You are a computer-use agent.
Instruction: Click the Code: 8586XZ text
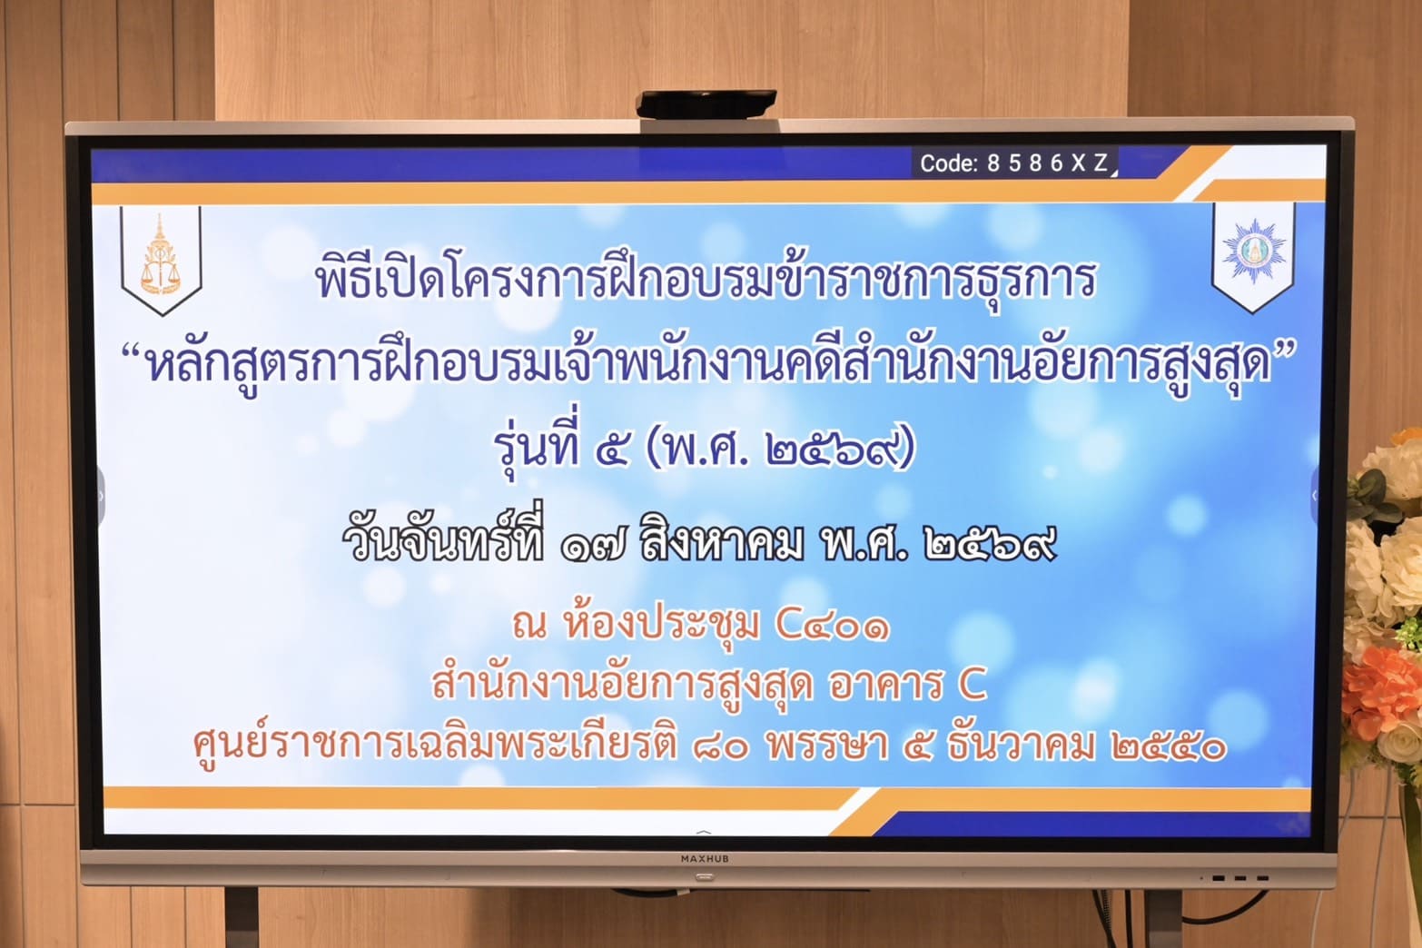click(1013, 163)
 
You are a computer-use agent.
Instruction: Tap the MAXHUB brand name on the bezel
click(705, 858)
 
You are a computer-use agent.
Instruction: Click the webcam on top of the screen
click(706, 104)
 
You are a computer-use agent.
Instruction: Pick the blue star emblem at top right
click(1254, 251)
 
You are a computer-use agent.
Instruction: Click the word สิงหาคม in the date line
click(721, 544)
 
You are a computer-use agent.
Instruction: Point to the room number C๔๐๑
click(833, 626)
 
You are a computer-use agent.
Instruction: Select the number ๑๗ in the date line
click(593, 547)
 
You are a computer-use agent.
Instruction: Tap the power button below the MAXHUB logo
click(705, 877)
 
